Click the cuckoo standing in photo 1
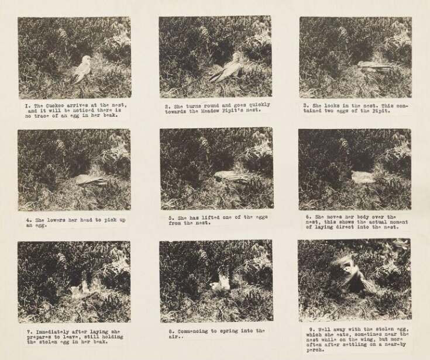pos(81,70)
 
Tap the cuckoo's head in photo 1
pos(87,59)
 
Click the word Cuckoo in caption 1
pos(54,105)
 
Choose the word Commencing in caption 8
pos(192,331)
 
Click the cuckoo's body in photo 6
pos(363,177)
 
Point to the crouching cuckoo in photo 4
pos(91,180)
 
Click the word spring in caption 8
pos(229,331)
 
